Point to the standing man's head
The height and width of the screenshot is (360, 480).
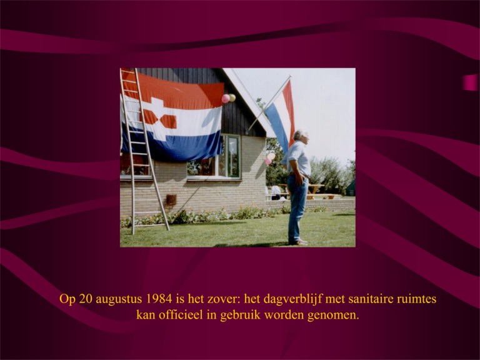tap(300, 136)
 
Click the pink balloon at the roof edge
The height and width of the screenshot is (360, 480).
tap(226, 99)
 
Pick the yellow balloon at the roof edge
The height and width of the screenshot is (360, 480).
tap(232, 97)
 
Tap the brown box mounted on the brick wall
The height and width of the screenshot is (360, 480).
tap(171, 199)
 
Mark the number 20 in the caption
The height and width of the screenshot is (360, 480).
tap(86, 299)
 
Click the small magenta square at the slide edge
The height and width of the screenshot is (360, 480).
tap(470, 82)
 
